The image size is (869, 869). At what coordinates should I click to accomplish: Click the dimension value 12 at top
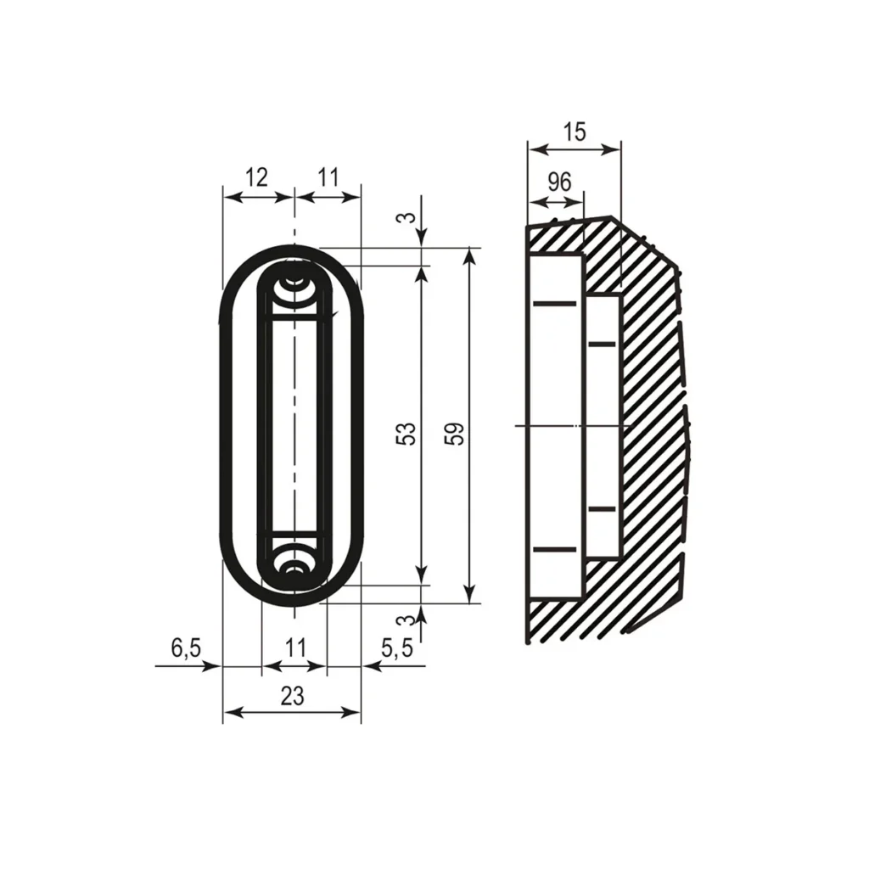pyautogui.click(x=256, y=177)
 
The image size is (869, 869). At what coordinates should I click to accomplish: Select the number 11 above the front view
pyautogui.click(x=328, y=177)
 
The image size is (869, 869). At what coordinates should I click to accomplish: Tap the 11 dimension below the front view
pyautogui.click(x=294, y=648)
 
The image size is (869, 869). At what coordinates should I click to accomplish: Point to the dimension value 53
pyautogui.click(x=408, y=434)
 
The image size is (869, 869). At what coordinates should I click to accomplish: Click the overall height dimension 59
pyautogui.click(x=456, y=434)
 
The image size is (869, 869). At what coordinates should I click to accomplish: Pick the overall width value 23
pyautogui.click(x=292, y=696)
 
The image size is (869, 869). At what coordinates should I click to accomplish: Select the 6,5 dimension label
pyautogui.click(x=186, y=648)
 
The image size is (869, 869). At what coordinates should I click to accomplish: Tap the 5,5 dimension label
pyautogui.click(x=396, y=648)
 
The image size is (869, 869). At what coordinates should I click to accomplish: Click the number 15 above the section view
pyautogui.click(x=575, y=132)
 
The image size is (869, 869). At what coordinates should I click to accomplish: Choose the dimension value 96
pyautogui.click(x=558, y=182)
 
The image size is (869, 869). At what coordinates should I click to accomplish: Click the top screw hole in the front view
pyautogui.click(x=294, y=279)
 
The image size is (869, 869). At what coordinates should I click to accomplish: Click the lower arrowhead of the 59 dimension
pyautogui.click(x=468, y=595)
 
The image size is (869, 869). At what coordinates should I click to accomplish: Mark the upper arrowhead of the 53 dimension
pyautogui.click(x=422, y=273)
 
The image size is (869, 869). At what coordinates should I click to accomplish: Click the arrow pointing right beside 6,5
pyautogui.click(x=212, y=667)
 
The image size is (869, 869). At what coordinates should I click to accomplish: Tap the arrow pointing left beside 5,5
pyautogui.click(x=372, y=667)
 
